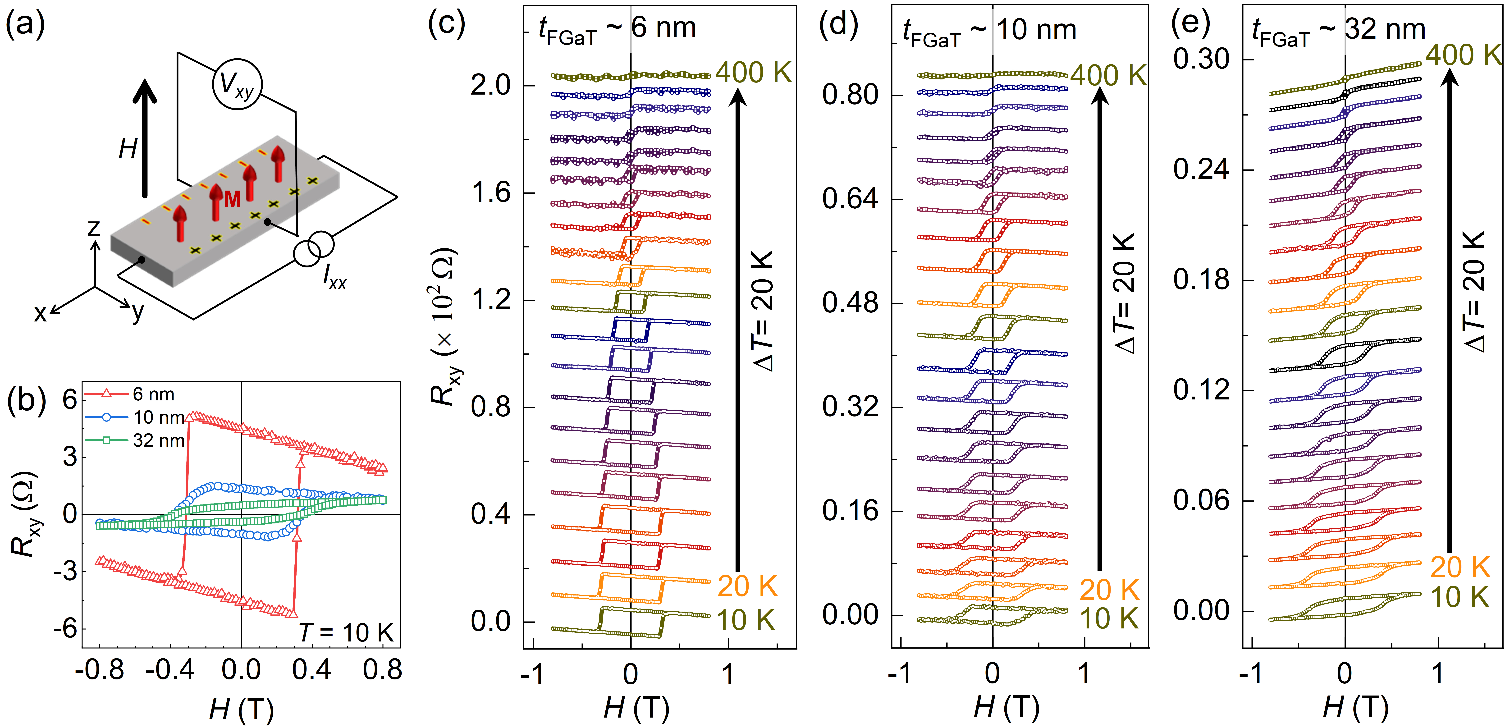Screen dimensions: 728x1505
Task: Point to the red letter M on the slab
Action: pos(233,200)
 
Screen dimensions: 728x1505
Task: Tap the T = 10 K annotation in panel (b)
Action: pos(346,632)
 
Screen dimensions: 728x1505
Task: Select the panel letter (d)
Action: pos(838,25)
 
